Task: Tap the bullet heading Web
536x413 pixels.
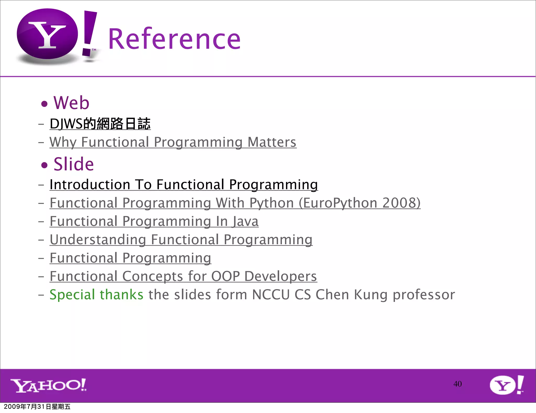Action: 71,103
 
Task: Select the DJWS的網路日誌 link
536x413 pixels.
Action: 100,124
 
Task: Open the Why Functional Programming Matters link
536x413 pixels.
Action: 173,142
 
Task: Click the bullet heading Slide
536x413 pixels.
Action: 74,164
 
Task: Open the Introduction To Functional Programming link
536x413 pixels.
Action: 184,184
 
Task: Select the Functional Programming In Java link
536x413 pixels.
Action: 154,221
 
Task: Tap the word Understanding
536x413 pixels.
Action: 98,240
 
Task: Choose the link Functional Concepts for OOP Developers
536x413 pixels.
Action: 183,276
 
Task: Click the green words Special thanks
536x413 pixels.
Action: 96,295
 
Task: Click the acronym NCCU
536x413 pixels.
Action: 271,295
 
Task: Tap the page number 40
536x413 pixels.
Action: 457,384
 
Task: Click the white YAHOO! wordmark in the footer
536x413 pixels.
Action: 48,385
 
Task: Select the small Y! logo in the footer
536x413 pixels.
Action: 507,385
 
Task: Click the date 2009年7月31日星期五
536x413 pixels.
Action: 37,407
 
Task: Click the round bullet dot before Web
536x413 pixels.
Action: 44,104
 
